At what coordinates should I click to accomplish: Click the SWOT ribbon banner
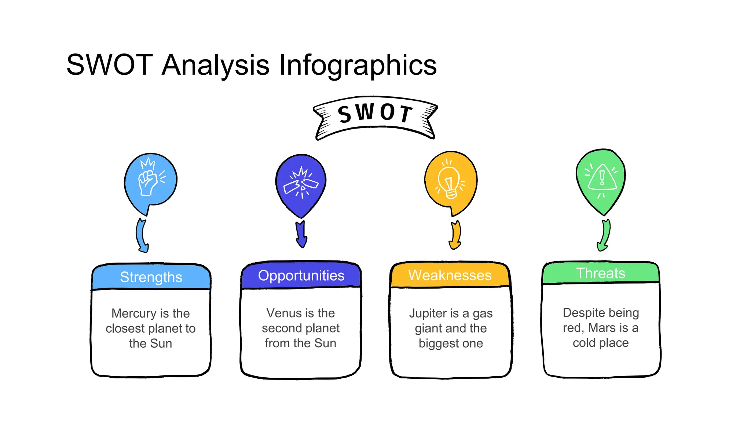click(x=375, y=116)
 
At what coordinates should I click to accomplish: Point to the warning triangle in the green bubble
click(x=602, y=178)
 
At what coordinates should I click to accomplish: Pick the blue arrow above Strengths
click(x=142, y=236)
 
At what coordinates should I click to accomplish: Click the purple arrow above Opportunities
click(x=301, y=234)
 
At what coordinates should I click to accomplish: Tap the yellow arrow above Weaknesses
click(x=455, y=235)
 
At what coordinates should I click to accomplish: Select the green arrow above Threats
click(x=604, y=235)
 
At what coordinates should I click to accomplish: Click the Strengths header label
click(x=151, y=277)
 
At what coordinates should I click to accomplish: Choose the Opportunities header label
click(x=301, y=275)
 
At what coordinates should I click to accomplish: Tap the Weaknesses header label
click(x=450, y=275)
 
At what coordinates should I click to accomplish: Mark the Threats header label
click(x=601, y=273)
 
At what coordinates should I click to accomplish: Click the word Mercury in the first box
click(x=134, y=314)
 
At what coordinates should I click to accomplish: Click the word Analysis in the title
click(x=216, y=65)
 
